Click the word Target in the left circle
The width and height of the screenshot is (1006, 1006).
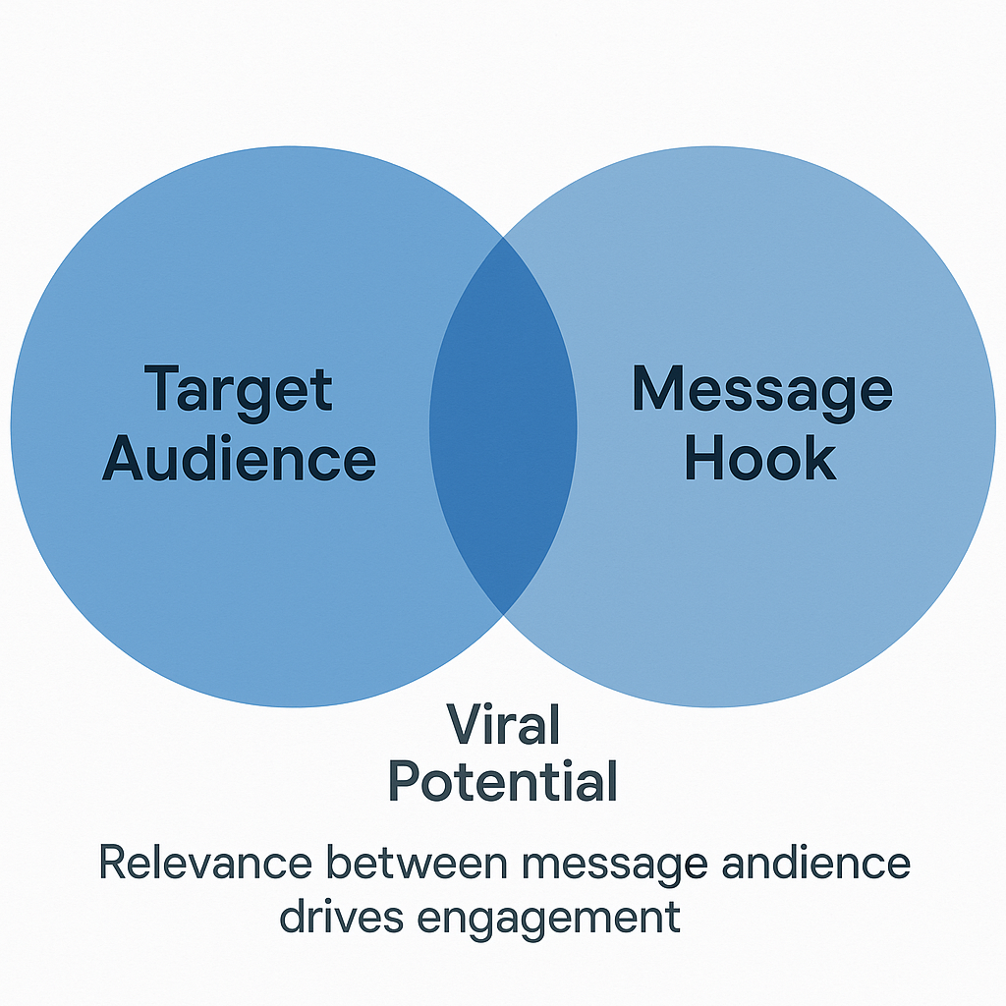pos(239,390)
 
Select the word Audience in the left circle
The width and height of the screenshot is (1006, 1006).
pos(239,459)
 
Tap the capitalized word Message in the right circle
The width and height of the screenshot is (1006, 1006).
pos(761,390)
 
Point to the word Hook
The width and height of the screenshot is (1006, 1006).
pos(760,458)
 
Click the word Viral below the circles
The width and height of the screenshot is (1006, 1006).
pos(503,726)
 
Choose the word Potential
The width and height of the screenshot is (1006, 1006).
pos(503,782)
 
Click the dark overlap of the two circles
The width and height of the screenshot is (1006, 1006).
pos(503,424)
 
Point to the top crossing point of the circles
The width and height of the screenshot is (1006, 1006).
pos(503,236)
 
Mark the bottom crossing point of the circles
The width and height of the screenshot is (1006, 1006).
pos(503,614)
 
